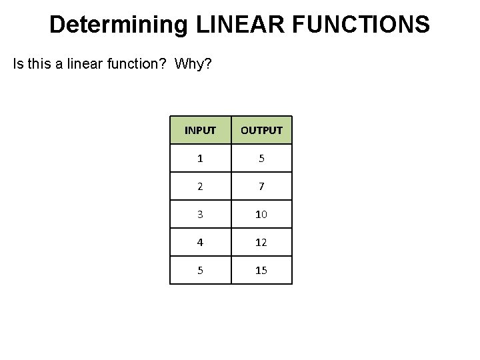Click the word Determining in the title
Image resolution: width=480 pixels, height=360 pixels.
pos(119,25)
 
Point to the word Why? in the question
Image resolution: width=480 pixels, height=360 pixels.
pos(193,65)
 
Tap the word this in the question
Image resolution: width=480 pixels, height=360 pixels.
pos(42,65)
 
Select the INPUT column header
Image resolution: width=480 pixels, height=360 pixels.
pos(200,130)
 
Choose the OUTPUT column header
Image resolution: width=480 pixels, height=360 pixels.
pos(261,130)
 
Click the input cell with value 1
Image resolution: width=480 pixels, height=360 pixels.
pos(200,159)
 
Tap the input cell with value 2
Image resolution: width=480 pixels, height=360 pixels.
pos(200,187)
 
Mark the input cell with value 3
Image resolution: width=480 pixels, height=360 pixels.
pos(200,215)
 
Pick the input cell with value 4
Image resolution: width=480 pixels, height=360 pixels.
pos(200,243)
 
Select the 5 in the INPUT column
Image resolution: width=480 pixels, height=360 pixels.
pos(200,271)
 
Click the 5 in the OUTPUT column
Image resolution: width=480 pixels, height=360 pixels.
pos(261,159)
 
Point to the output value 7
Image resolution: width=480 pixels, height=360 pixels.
pos(261,187)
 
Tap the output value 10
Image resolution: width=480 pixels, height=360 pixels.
pos(261,215)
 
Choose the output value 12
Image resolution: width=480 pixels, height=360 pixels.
pos(261,243)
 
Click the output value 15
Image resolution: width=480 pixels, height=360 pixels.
pos(261,271)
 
